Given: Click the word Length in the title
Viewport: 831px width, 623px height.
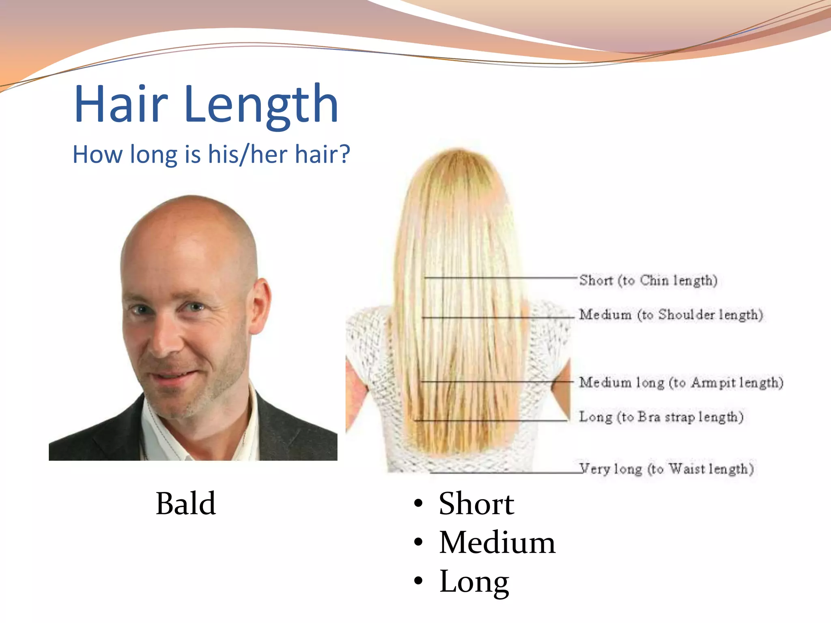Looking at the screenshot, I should (x=261, y=105).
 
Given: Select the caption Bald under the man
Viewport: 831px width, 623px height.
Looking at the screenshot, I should (x=185, y=503).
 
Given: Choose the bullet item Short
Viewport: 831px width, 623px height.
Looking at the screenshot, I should (x=476, y=503).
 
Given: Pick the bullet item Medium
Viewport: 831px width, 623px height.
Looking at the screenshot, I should (x=497, y=542).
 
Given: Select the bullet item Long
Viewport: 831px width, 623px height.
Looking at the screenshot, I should (x=474, y=581).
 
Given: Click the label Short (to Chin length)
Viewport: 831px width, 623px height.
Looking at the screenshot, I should (x=648, y=280).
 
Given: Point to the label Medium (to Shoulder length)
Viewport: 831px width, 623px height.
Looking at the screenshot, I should (x=671, y=314).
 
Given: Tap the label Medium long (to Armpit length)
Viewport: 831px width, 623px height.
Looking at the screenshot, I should (x=681, y=382).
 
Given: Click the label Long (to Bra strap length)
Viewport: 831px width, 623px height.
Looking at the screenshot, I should (x=661, y=417).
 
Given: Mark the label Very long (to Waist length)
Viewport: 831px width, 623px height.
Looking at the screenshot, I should (x=667, y=469).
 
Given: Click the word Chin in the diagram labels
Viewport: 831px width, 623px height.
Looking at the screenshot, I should (x=654, y=280).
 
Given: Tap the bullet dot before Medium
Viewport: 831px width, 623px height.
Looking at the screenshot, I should (x=418, y=542).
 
